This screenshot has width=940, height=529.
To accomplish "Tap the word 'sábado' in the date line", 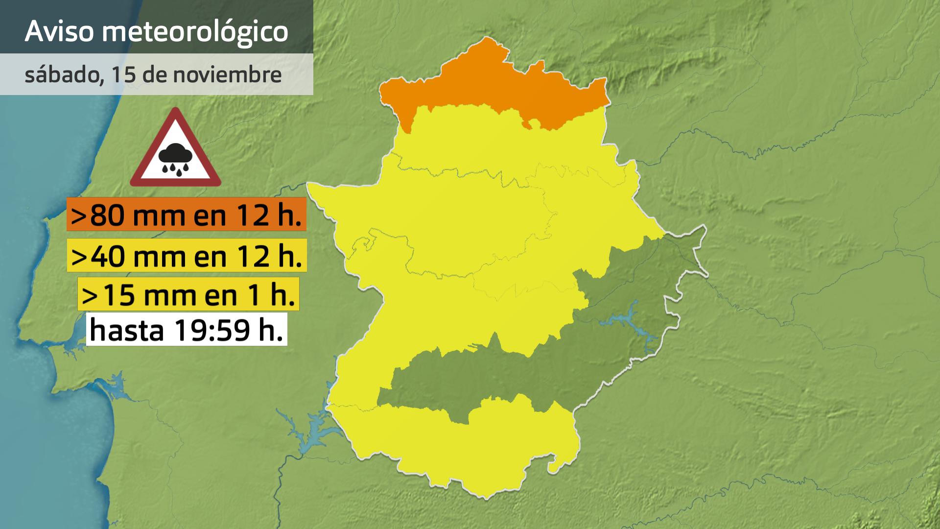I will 61,74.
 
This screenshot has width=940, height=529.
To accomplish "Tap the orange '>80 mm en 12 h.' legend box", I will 186,215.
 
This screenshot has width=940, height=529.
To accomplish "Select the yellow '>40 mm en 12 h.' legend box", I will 187,255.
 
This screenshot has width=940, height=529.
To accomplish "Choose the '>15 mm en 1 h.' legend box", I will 188,294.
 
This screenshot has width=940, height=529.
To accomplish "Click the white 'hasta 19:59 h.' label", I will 186,330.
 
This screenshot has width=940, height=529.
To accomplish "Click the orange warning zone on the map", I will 490,83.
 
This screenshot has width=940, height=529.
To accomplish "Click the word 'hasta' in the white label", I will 127,330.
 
